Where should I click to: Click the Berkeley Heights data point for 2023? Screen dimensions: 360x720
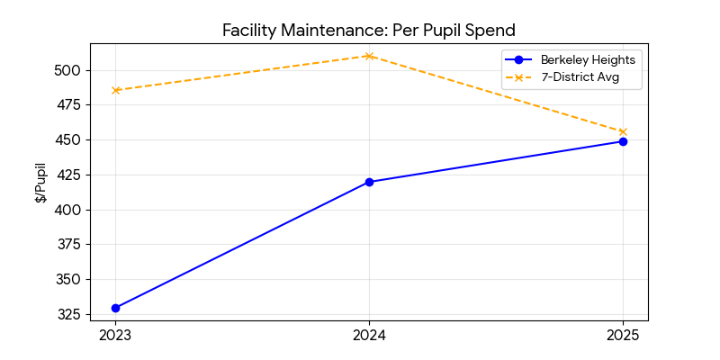[115, 308]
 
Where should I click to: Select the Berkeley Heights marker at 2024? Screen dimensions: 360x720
[369, 182]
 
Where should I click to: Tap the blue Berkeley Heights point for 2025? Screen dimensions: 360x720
[623, 141]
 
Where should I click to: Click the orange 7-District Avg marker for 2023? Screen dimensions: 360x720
[115, 90]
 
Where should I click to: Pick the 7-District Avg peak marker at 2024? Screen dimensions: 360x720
[369, 56]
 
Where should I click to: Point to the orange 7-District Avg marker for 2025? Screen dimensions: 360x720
[623, 131]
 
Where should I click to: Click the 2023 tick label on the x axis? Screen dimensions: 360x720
[115, 336]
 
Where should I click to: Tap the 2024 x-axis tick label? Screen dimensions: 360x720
[369, 336]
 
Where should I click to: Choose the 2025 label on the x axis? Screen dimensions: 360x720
[623, 336]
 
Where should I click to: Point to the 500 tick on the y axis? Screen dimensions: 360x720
[70, 70]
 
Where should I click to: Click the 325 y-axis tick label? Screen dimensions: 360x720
[70, 315]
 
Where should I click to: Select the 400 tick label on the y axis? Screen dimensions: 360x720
[70, 210]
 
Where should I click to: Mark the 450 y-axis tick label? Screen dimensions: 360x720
[70, 140]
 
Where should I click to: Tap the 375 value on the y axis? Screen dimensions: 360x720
[70, 245]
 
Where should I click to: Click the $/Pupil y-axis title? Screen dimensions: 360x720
[40, 183]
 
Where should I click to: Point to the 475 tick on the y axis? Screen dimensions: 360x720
[70, 105]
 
